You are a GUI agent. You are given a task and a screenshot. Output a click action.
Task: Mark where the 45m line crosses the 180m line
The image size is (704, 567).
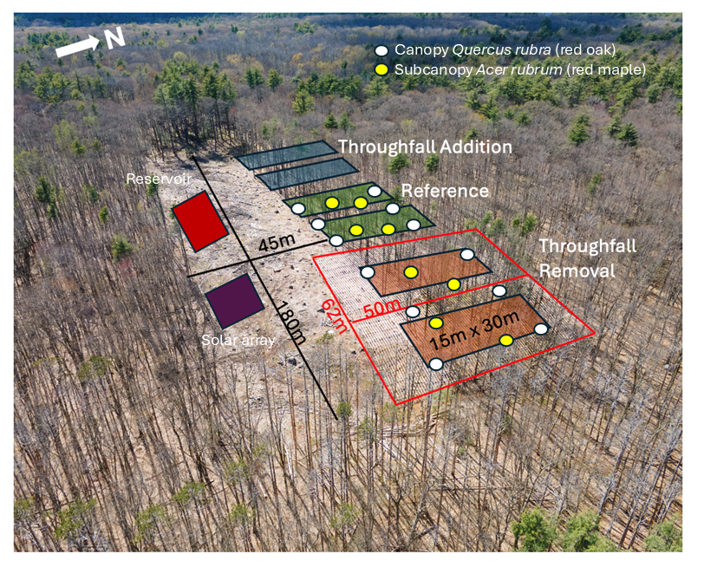[250, 260]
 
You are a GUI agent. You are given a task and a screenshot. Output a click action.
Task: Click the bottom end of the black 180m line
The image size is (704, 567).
[336, 419]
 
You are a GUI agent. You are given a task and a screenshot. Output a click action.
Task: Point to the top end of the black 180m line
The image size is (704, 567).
[193, 156]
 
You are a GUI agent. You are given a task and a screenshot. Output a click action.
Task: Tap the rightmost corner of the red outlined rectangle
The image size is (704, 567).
[595, 333]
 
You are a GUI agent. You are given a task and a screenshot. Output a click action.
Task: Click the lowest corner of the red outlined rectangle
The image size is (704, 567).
[396, 405]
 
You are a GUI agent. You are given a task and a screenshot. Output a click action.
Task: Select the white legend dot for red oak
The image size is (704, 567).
[381, 50]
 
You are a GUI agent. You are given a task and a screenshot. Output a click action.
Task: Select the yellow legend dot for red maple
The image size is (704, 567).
[381, 69]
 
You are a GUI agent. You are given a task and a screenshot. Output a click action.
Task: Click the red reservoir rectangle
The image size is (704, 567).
[199, 221]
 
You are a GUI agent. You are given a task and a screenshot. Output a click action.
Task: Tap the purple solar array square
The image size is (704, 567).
[234, 301]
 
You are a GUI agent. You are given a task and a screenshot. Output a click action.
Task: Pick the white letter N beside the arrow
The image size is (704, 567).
[115, 38]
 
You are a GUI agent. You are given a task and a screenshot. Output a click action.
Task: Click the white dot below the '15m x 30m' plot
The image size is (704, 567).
[436, 364]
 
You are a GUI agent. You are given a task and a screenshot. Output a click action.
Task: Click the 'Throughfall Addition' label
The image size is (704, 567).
[425, 147]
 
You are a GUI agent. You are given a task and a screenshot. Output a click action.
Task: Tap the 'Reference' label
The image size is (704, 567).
[445, 191]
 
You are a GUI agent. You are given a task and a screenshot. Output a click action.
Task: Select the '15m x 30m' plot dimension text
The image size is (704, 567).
[474, 330]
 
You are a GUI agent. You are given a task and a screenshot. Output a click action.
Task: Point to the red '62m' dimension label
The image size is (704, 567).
[335, 316]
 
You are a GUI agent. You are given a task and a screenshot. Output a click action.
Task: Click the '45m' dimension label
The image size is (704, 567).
[277, 243]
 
